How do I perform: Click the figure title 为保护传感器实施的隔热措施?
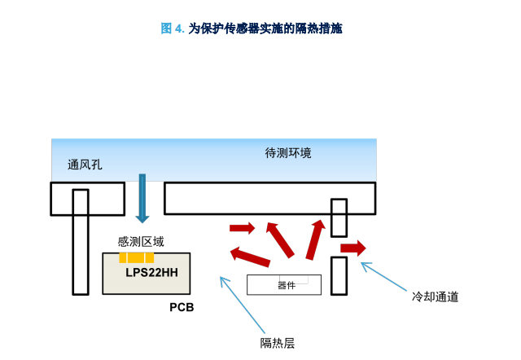[265, 29]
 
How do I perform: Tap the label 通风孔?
[85, 165]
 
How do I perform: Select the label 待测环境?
[288, 153]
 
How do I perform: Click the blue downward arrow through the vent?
[142, 199]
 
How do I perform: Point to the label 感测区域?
[141, 242]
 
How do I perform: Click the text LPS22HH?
[151, 273]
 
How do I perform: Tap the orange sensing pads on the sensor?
[137, 257]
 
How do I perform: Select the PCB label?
[182, 307]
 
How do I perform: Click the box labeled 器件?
[284, 284]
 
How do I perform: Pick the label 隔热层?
[278, 343]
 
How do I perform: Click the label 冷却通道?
[435, 296]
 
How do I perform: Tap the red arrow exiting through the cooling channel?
[353, 248]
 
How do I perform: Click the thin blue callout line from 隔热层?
[243, 305]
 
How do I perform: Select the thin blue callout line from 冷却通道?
[383, 277]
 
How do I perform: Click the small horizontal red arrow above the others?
[243, 228]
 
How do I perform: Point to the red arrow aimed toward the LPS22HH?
[250, 257]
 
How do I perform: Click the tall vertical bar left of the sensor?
[81, 242]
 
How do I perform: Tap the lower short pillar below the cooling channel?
[339, 276]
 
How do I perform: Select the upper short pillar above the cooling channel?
[339, 217]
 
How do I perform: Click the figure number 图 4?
[173, 29]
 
